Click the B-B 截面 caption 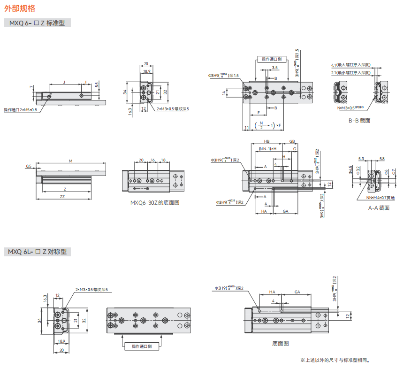pyautogui.click(x=359, y=120)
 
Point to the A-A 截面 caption pyautogui.click(x=378, y=208)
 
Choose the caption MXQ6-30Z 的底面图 pyautogui.click(x=155, y=203)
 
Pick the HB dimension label pyautogui.click(x=266, y=141)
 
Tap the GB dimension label pyautogui.click(x=292, y=141)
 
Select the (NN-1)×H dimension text pyautogui.click(x=268, y=148)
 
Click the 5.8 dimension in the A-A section pyautogui.click(x=382, y=159)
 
